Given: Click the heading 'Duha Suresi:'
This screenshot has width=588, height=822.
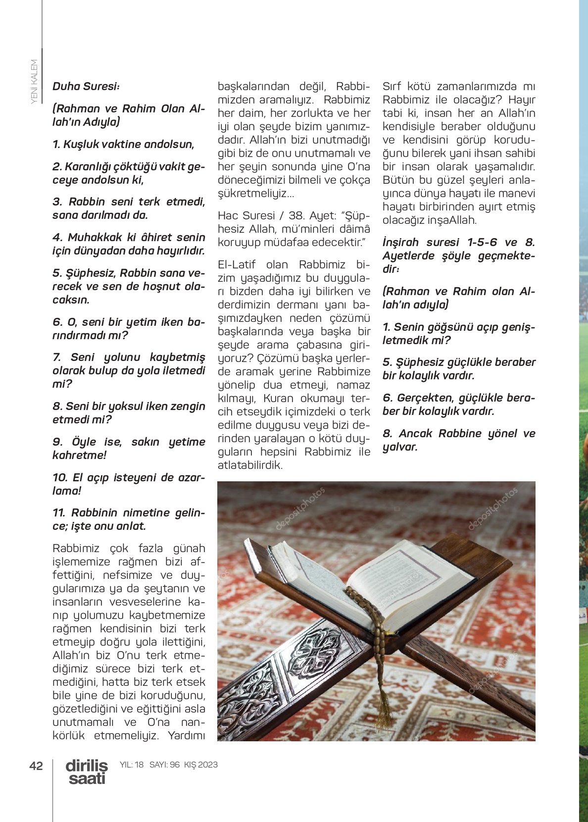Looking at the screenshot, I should click(x=86, y=86).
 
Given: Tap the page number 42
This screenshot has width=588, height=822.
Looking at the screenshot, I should click(x=36, y=766).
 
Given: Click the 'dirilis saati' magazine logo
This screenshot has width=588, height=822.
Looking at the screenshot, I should click(x=87, y=772).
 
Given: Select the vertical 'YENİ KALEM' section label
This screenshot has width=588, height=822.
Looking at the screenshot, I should click(x=34, y=81).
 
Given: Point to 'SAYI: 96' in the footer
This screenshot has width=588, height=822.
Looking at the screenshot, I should click(x=164, y=765).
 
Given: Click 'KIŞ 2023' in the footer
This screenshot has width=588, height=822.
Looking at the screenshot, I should click(x=201, y=765).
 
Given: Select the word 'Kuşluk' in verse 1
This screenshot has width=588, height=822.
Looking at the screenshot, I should click(x=81, y=144).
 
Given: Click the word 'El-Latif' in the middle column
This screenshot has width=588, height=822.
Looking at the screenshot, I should click(x=237, y=264).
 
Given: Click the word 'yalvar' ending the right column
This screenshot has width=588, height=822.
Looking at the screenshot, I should click(x=398, y=447).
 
